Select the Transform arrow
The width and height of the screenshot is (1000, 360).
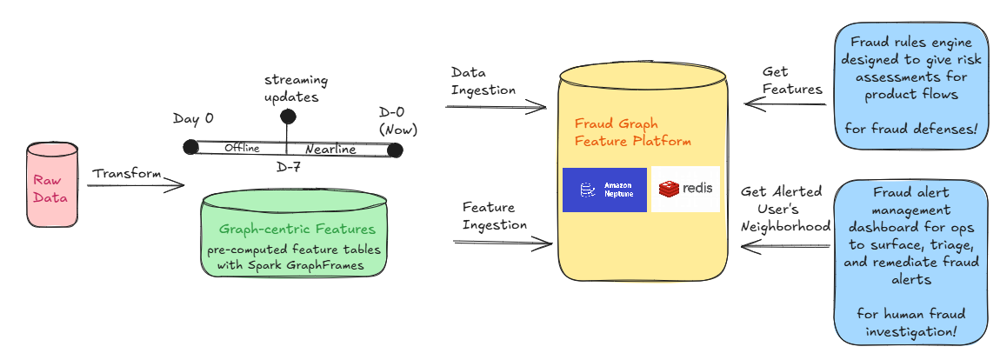tap(137, 185)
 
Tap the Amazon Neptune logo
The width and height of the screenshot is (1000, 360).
tap(604, 189)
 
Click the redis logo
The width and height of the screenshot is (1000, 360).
tap(686, 189)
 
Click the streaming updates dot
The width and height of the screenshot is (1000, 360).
tap(288, 117)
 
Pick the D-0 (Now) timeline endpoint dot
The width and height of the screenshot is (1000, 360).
tap(395, 150)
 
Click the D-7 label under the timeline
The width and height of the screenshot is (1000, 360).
tap(288, 167)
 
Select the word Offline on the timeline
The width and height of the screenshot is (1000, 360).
tap(243, 149)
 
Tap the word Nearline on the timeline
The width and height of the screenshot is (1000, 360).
tap(331, 150)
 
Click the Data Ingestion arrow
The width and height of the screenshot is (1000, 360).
tap(496, 108)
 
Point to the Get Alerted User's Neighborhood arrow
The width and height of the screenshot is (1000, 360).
tap(783, 246)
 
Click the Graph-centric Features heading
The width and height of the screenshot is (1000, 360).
tap(297, 230)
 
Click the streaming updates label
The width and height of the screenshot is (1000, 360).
tap(297, 88)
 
